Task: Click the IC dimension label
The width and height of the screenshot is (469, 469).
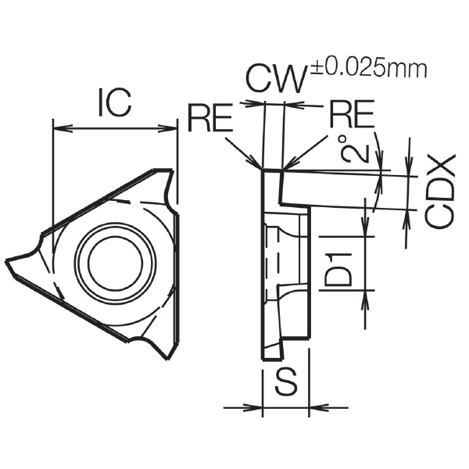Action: (115, 102)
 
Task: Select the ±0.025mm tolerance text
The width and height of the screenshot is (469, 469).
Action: (369, 70)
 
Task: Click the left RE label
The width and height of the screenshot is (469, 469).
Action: (210, 117)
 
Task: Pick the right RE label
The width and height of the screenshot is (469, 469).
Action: (352, 113)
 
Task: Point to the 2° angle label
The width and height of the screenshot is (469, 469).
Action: (355, 149)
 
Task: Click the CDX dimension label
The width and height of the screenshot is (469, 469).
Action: (440, 192)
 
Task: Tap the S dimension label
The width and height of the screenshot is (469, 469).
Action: (287, 381)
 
